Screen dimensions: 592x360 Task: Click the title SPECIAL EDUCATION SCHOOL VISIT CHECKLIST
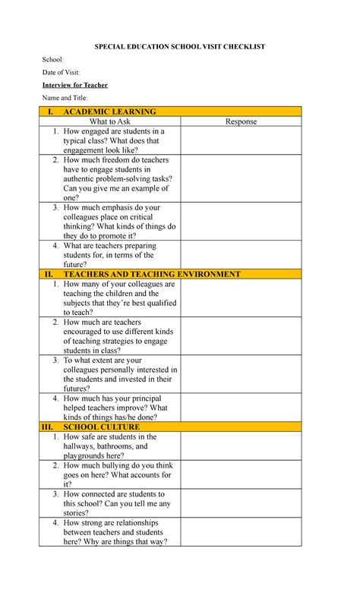179,47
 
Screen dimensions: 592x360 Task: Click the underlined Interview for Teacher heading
74,85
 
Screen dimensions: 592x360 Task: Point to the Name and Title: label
65,98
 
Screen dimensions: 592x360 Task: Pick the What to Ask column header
109,121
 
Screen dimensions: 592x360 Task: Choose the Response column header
241,121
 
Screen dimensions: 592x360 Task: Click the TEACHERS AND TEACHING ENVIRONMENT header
152,274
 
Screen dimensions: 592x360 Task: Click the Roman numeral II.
49,274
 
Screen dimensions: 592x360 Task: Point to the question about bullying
118,474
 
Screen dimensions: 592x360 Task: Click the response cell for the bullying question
241,474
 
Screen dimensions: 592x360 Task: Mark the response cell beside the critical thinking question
241,222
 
